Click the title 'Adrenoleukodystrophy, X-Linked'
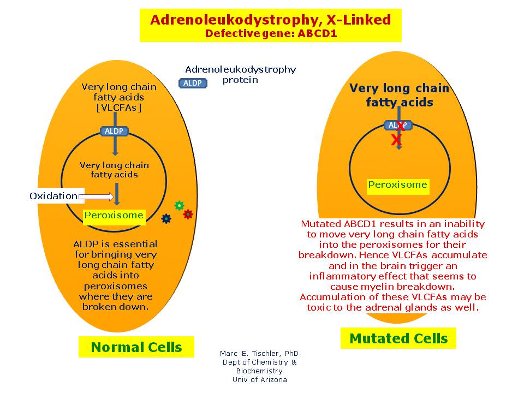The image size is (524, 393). pyautogui.click(x=270, y=20)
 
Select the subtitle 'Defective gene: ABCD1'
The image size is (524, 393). pyautogui.click(x=270, y=33)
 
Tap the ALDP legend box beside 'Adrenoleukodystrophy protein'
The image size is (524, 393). pyautogui.click(x=193, y=83)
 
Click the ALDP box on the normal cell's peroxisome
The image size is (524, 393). pyautogui.click(x=114, y=131)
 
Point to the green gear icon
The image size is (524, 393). pyautogui.click(x=179, y=205)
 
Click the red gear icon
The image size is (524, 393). pyautogui.click(x=188, y=215)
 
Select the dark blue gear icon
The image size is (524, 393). pyautogui.click(x=166, y=218)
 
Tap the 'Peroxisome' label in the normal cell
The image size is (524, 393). pyautogui.click(x=114, y=215)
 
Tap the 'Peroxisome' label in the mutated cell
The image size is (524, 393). pyautogui.click(x=397, y=184)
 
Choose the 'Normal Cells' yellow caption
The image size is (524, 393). pyautogui.click(x=136, y=347)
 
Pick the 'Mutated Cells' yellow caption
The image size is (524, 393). pyautogui.click(x=398, y=338)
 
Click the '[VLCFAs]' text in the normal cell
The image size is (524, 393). pyautogui.click(x=118, y=108)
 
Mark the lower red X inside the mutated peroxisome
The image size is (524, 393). pyautogui.click(x=396, y=140)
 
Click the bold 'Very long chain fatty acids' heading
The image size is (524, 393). pyautogui.click(x=399, y=95)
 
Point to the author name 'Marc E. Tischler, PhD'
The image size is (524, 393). pyautogui.click(x=259, y=354)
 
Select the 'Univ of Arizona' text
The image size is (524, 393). pyautogui.click(x=259, y=380)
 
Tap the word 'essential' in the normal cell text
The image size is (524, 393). pyautogui.click(x=135, y=244)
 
